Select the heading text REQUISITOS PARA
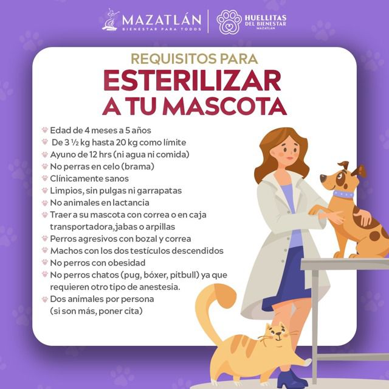pos(194,59)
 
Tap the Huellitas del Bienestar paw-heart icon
pos(229,20)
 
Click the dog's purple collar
pos(343,194)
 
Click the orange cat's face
pos(275,334)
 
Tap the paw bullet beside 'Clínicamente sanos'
pos(45,178)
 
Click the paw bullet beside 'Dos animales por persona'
pos(45,299)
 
